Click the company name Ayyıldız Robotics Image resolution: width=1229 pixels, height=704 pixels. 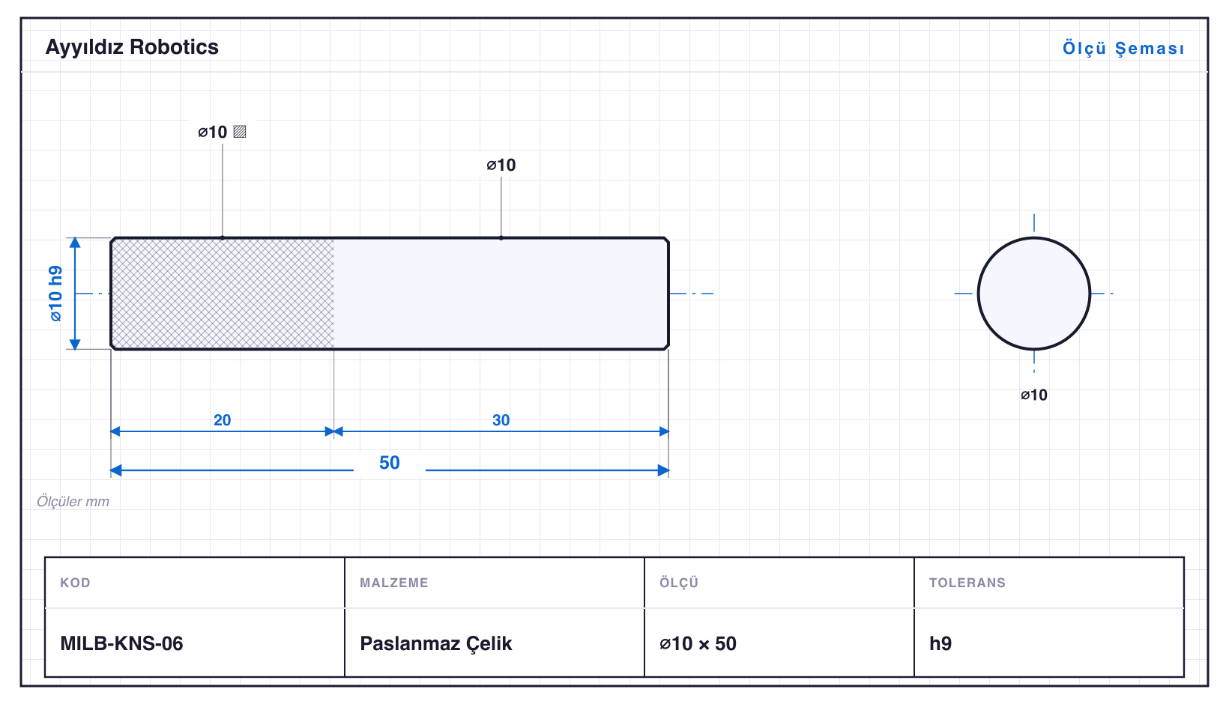132,47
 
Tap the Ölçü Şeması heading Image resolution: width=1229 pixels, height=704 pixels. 1123,48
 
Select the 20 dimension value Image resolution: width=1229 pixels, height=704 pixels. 223,420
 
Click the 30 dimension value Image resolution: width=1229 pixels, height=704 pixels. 501,420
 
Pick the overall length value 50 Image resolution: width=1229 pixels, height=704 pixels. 390,463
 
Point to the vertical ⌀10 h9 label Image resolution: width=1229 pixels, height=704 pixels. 55,294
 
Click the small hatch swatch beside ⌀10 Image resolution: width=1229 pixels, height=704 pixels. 240,132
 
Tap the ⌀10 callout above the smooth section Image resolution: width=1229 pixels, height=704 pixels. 501,165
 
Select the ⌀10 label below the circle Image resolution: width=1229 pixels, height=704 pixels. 1034,395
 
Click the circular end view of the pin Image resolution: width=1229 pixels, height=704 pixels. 1034,294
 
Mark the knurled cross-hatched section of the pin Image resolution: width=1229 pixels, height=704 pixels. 223,294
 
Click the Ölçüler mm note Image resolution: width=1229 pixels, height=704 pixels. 73,501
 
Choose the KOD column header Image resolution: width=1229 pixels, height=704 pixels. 75,582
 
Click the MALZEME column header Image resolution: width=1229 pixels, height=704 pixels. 394,582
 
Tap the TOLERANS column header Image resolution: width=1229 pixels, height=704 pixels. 967,582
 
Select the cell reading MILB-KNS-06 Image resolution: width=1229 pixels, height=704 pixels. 122,643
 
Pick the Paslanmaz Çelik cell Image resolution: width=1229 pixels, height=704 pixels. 435,643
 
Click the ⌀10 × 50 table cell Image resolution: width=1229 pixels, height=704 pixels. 698,643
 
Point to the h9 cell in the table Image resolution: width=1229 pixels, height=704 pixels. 940,643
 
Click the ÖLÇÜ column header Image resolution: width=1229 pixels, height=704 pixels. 679,582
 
